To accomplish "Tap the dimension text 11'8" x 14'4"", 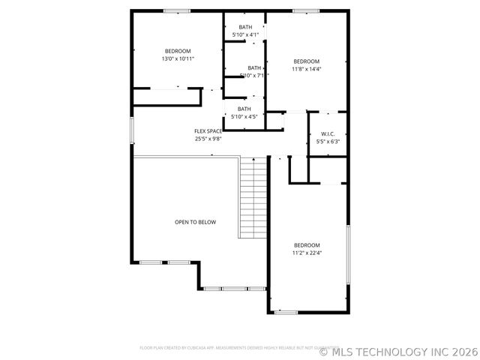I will pyautogui.click(x=306, y=69).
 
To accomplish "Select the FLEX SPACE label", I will pyautogui.click(x=208, y=130).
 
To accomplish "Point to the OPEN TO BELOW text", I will pyautogui.click(x=195, y=222).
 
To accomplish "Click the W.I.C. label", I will pyautogui.click(x=328, y=133).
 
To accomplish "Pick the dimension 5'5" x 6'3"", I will pyautogui.click(x=328, y=141).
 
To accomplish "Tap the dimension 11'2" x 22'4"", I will pyautogui.click(x=307, y=253).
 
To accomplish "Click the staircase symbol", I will pyautogui.click(x=253, y=198).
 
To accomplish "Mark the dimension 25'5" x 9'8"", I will pyautogui.click(x=208, y=138).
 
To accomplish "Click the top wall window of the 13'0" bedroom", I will pyautogui.click(x=177, y=10).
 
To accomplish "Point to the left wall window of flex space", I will pyautogui.click(x=132, y=130).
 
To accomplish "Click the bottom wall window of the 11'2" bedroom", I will pyautogui.click(x=286, y=312).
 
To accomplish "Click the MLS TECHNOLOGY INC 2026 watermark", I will pyautogui.click(x=398, y=350).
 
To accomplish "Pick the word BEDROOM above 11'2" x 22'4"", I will pyautogui.click(x=307, y=245).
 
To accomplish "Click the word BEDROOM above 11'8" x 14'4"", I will pyautogui.click(x=306, y=61).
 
